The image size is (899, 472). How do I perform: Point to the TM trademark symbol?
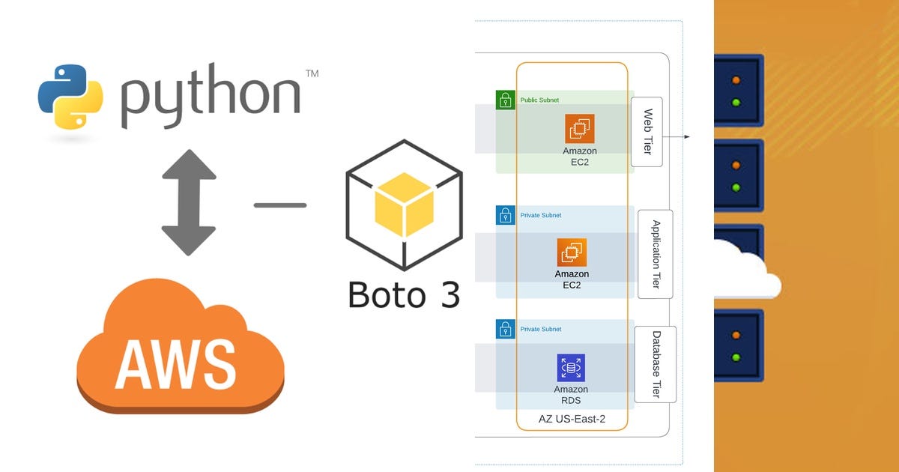tap(312, 73)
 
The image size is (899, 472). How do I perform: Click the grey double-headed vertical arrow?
tap(189, 202)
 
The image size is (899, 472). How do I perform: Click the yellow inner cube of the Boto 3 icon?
tap(404, 203)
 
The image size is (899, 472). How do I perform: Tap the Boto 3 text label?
tap(404, 294)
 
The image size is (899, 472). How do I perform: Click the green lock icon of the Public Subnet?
tap(505, 100)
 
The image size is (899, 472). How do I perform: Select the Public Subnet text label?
tap(539, 100)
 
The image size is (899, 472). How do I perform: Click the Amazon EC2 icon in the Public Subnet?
tap(579, 129)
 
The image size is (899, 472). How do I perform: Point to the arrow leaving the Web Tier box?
tap(678, 137)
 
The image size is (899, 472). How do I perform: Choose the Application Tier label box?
tap(655, 254)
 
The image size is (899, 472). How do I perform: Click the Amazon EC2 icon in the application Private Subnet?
tap(572, 252)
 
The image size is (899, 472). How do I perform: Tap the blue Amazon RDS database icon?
tap(571, 368)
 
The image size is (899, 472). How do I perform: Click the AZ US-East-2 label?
tap(572, 420)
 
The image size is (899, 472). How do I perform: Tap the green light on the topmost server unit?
tap(736, 102)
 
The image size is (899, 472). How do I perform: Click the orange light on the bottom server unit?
tap(736, 336)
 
